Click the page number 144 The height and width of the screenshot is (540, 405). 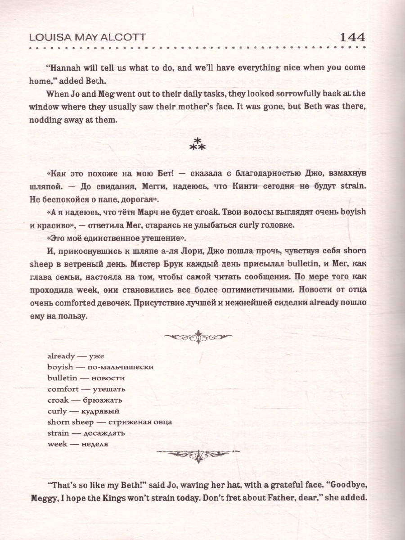coord(346,37)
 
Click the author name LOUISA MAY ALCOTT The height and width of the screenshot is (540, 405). coord(86,38)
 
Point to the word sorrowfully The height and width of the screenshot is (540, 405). coord(279,94)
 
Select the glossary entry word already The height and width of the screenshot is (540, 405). coord(62,356)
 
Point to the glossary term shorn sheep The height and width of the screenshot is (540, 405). coord(71,422)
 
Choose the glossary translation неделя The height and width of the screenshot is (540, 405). coord(95,444)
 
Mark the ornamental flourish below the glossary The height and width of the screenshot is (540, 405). coord(198,455)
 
